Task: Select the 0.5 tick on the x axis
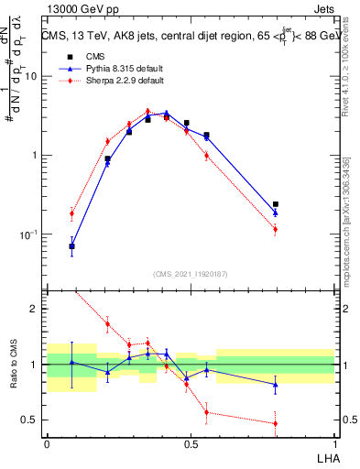click(x=190, y=443)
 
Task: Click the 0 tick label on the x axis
click(x=47, y=443)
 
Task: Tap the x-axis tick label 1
click(x=333, y=443)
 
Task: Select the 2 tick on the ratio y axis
click(x=35, y=309)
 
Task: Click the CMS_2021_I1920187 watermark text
click(x=190, y=274)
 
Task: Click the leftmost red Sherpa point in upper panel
click(x=71, y=213)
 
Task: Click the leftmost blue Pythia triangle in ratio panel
click(x=71, y=362)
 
